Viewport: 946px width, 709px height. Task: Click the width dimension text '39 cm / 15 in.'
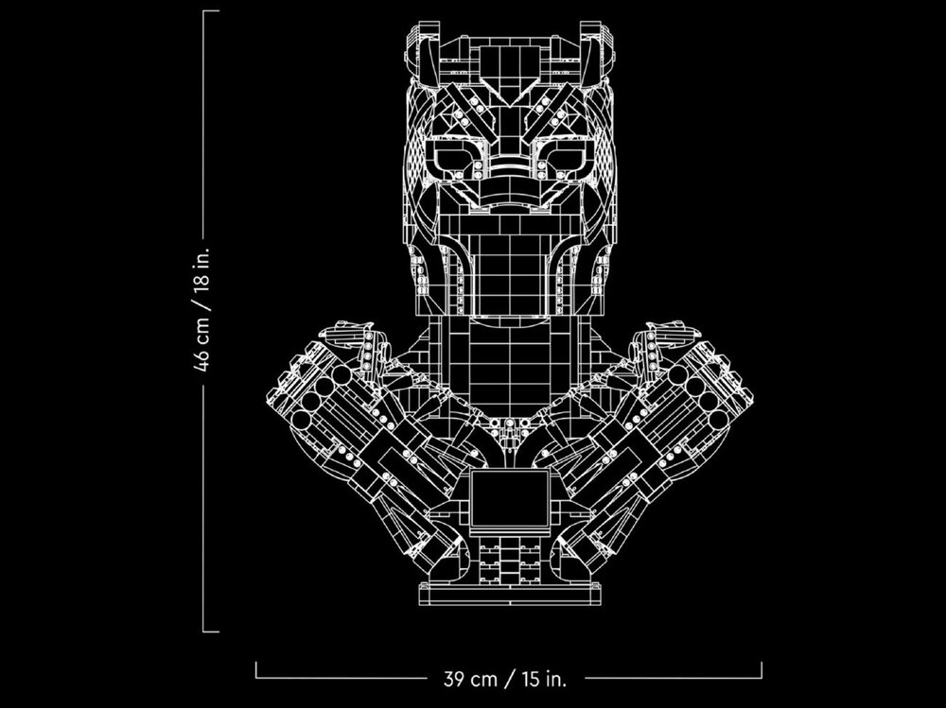point(505,679)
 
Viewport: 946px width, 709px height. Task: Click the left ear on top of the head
point(421,54)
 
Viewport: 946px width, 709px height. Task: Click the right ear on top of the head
point(597,54)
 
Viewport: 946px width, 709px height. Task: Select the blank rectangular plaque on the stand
point(510,498)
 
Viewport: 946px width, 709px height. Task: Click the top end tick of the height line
point(211,10)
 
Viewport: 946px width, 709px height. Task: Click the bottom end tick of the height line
point(211,631)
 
